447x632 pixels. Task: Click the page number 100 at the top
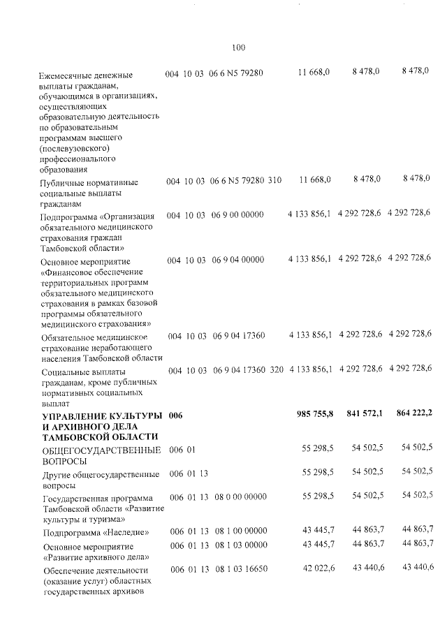pyautogui.click(x=238, y=48)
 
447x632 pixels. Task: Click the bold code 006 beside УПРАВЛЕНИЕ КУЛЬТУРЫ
pyautogui.click(x=175, y=416)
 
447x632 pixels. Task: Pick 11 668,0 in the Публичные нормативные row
pyautogui.click(x=314, y=180)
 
